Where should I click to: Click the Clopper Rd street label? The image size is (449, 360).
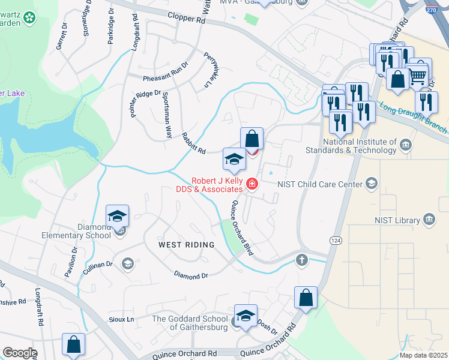[187, 19]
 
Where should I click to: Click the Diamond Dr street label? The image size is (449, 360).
[190, 275]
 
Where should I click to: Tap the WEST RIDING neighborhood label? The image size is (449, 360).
[186, 245]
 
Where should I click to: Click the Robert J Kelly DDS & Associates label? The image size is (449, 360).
[217, 184]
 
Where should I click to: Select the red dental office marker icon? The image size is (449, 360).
[252, 184]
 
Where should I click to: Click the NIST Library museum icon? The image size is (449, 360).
[429, 220]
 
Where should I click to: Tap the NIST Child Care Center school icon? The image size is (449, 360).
[372, 184]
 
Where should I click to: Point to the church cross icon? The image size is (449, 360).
[302, 260]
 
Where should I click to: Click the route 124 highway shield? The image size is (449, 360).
[335, 239]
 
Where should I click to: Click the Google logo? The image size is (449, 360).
[20, 353]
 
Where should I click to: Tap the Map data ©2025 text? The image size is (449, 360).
[424, 355]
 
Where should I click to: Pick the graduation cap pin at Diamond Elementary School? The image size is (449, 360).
[118, 216]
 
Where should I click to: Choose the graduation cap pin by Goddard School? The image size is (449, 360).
[245, 316]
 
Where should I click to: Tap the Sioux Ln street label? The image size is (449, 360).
[121, 319]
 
